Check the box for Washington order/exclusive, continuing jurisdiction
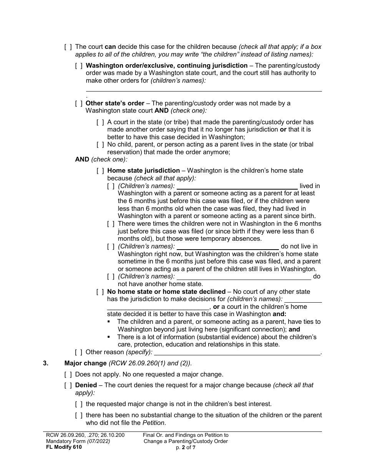[79, 66]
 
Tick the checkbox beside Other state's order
[79, 103]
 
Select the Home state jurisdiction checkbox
[100, 171]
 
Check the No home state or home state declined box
[100, 292]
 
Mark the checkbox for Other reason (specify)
[79, 352]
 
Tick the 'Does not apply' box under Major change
[68, 374]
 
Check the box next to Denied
[68, 385]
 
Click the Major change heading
[85, 363]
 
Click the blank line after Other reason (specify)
[237, 352]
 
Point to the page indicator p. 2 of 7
[186, 447]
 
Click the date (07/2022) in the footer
[98, 441]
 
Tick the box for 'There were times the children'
[111, 224]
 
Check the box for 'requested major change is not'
[79, 404]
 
